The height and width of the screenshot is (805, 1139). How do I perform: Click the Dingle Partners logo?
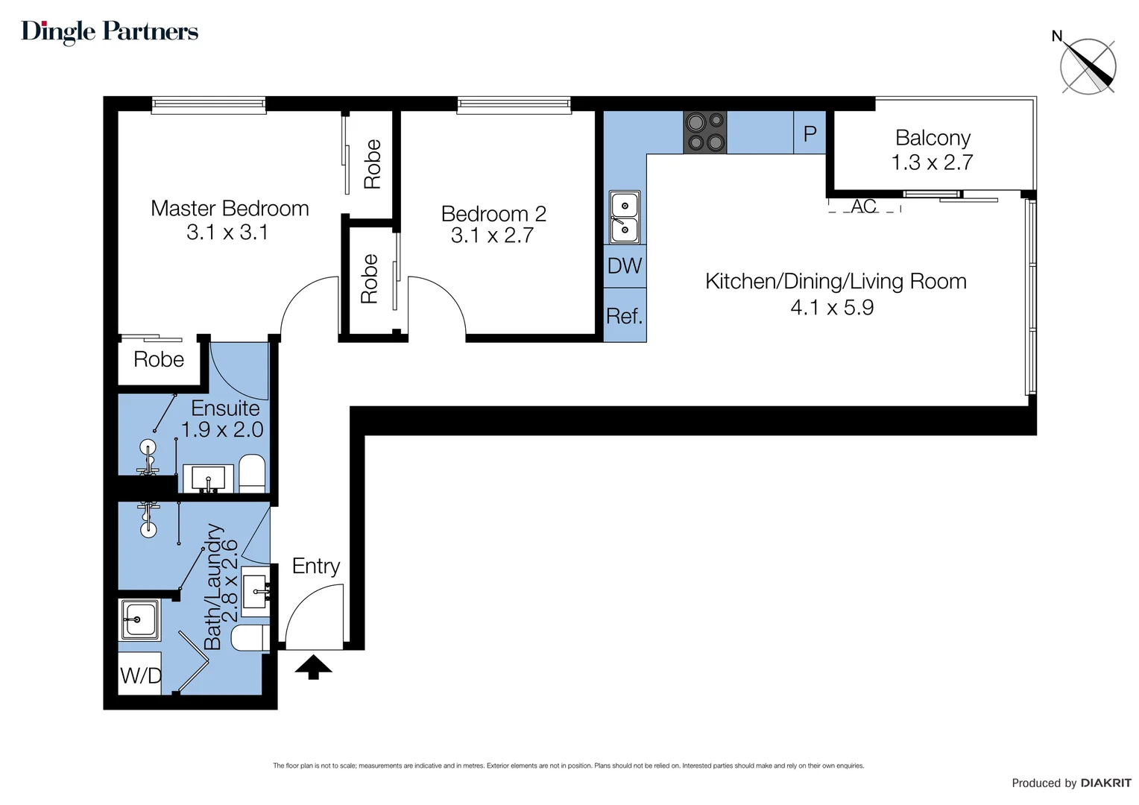pyautogui.click(x=110, y=31)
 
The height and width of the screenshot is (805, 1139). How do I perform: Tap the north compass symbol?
pyautogui.click(x=1088, y=66)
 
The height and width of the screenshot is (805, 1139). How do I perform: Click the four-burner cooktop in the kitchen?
pyautogui.click(x=704, y=132)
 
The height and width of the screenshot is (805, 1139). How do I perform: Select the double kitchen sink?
pyautogui.click(x=625, y=217)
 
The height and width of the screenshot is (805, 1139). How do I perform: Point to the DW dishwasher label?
pyautogui.click(x=625, y=266)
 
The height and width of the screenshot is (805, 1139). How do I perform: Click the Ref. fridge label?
pyautogui.click(x=625, y=316)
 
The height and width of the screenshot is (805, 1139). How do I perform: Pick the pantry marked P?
pyautogui.click(x=810, y=133)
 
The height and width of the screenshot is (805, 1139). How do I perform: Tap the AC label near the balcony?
pyautogui.click(x=864, y=206)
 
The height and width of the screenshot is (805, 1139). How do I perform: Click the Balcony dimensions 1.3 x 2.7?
pyautogui.click(x=932, y=162)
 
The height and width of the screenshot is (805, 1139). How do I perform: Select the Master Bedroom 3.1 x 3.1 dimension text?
pyautogui.click(x=227, y=233)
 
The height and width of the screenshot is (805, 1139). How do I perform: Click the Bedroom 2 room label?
pyautogui.click(x=493, y=214)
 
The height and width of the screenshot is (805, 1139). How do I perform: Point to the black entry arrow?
pyautogui.click(x=313, y=666)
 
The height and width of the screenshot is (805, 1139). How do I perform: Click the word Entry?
pyautogui.click(x=316, y=566)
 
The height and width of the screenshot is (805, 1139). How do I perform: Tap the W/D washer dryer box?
pyautogui.click(x=140, y=675)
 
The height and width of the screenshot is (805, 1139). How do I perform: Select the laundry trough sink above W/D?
pyautogui.click(x=139, y=619)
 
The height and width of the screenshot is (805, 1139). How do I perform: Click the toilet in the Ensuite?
pyautogui.click(x=252, y=473)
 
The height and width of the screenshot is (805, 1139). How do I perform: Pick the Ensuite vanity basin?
pyautogui.click(x=208, y=478)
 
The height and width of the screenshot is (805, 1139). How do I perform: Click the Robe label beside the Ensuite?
pyautogui.click(x=159, y=359)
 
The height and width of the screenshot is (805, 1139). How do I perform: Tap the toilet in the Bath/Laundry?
pyautogui.click(x=250, y=638)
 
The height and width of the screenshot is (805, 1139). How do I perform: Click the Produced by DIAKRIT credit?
pyautogui.click(x=1071, y=783)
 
